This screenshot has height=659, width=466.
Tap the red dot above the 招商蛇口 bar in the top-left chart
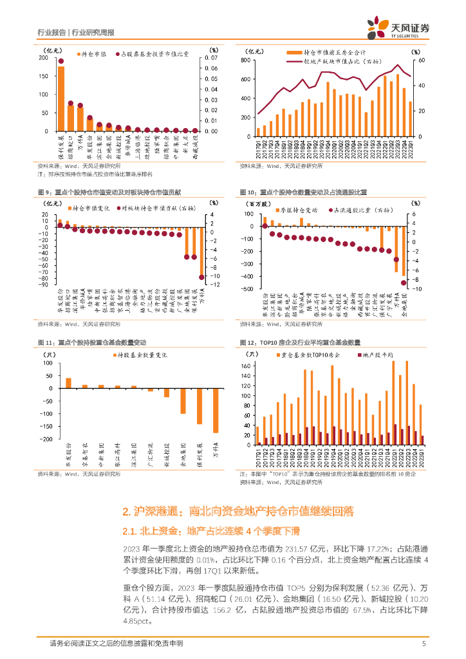[x=71, y=103]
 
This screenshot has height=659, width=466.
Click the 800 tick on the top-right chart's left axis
[x=245, y=60]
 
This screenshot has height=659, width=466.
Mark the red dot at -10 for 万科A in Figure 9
[x=201, y=277]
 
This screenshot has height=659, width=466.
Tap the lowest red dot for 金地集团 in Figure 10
[x=404, y=283]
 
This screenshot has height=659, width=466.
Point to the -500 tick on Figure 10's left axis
[x=246, y=289]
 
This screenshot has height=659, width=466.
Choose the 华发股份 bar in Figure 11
[x=69, y=383]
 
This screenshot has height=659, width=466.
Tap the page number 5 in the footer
[x=424, y=644]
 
